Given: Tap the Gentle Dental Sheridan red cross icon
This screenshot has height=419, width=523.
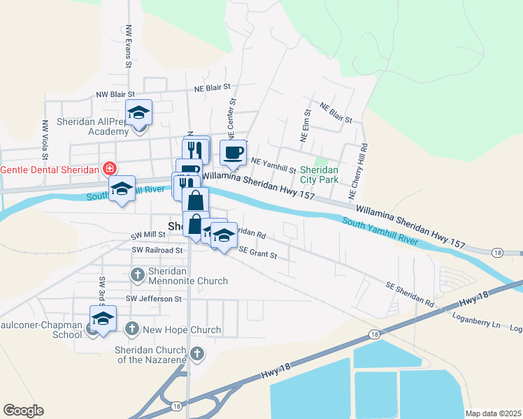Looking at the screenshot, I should tap(108, 169).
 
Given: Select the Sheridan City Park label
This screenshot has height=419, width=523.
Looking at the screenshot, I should tap(319, 175).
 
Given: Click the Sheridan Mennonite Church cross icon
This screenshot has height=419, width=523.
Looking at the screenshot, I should tap(137, 275).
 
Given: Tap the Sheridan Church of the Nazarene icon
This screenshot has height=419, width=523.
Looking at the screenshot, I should tap(197, 354).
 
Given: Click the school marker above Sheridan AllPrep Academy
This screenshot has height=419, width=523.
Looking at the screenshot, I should tap(139, 112).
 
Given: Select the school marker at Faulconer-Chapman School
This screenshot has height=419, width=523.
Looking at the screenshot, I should tap(103, 319).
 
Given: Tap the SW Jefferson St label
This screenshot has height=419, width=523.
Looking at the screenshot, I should tap(153, 299).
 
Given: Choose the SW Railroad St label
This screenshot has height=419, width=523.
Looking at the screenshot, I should tap(157, 249).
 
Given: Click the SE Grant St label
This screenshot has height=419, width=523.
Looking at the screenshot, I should tap(258, 253).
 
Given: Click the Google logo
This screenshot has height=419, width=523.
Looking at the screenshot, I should tap(23, 411).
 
